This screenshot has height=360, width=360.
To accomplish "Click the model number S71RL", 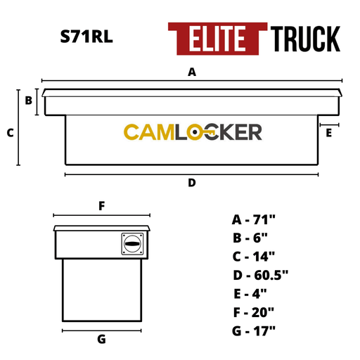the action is (86, 37).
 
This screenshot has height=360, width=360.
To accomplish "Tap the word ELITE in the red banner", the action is (217, 39).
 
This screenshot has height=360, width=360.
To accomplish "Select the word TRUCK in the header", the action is (305, 39).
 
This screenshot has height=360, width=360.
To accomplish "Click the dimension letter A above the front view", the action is (192, 72).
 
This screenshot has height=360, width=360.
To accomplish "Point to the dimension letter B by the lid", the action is (29, 101).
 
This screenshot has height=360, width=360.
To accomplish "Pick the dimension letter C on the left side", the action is (11, 133).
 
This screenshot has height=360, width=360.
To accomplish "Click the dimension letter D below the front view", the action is (192, 183).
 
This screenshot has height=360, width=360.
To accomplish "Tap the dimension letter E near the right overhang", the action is (329, 133).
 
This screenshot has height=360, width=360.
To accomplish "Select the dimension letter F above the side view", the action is (102, 206).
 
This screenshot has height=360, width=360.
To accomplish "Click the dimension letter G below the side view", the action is (101, 339).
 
